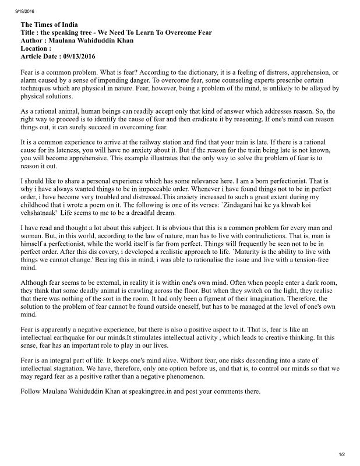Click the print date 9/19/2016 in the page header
pos(15,10)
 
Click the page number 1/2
pos(342,454)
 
